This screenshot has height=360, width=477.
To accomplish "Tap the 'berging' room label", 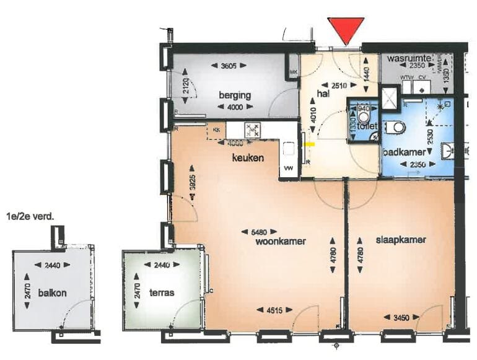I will click(234, 95).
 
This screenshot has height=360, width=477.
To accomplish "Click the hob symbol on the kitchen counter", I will click(252, 130).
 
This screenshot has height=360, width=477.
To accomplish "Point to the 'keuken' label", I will click(248, 158).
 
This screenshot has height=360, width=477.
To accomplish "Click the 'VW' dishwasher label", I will click(288, 168).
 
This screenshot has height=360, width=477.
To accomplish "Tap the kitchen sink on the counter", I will click(289, 149).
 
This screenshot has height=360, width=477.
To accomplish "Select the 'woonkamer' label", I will click(280, 242).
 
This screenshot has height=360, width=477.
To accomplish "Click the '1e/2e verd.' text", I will click(27, 217).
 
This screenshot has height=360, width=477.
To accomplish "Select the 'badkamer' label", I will click(403, 151).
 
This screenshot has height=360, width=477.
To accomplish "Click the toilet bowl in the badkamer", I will click(396, 128).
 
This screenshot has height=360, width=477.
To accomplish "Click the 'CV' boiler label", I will click(422, 77).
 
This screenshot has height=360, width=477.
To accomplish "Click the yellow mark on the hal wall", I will click(312, 144).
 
